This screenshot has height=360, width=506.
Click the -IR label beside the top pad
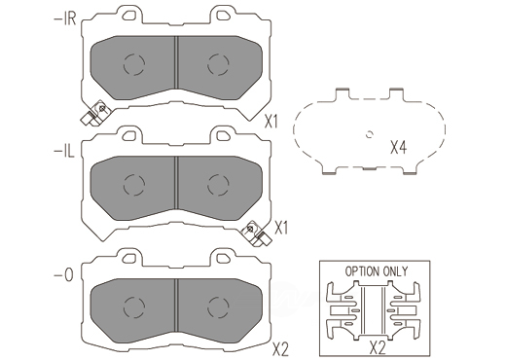(x=64, y=19)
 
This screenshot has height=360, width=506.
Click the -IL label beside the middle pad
(x=64, y=152)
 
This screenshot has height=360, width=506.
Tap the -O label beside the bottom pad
(x=63, y=275)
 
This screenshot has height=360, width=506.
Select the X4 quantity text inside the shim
(x=398, y=148)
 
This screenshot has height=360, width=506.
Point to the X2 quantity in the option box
(x=378, y=348)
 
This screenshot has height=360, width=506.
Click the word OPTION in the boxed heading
(x=362, y=271)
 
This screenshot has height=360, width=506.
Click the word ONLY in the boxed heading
(x=395, y=271)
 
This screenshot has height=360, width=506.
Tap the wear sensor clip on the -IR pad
(x=95, y=114)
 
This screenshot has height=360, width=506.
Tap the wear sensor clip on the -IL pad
(x=257, y=234)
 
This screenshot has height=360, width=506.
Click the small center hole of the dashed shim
(x=370, y=133)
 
